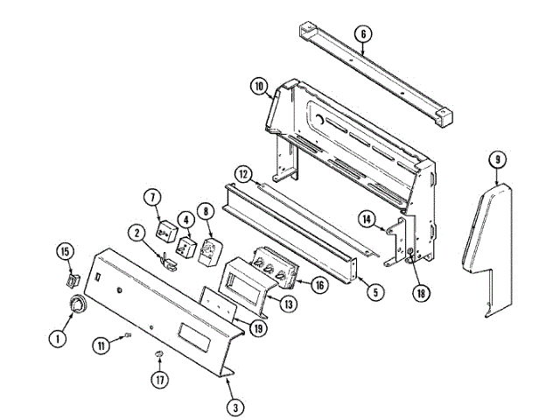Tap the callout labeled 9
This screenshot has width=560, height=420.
click(497, 160)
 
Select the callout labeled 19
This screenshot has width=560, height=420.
click(257, 330)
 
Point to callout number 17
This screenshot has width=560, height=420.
click(160, 381)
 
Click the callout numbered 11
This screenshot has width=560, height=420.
click(103, 346)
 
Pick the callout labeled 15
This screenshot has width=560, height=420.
click(64, 253)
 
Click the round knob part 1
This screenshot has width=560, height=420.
click(79, 305)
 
